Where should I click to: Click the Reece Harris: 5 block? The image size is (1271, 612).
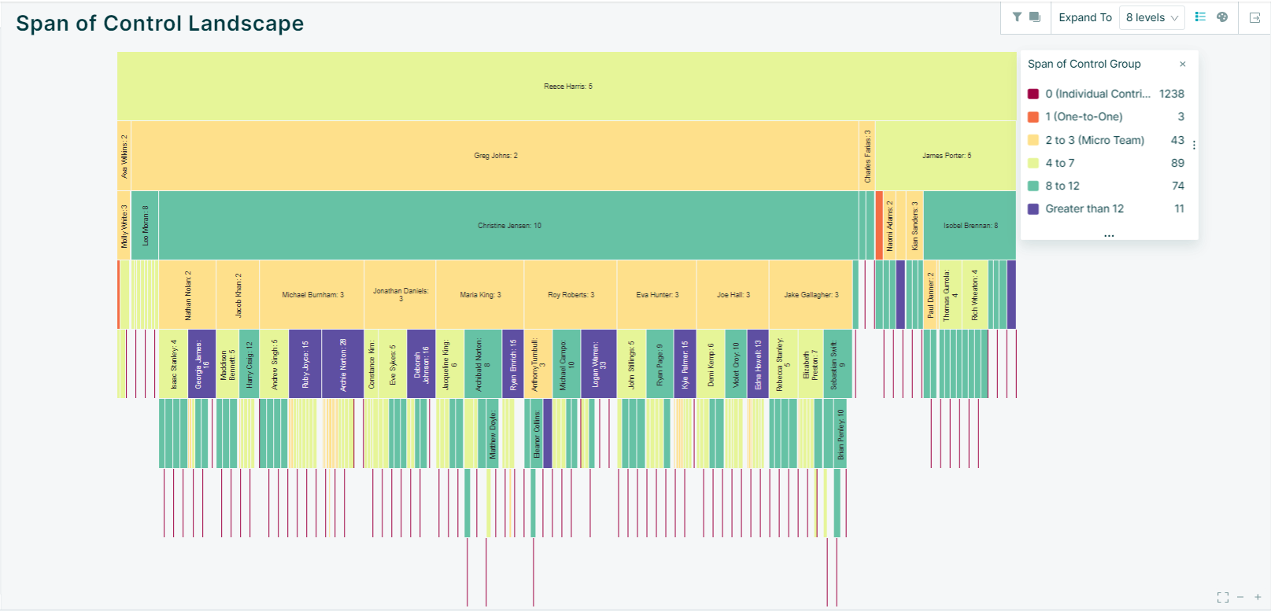pos(567,87)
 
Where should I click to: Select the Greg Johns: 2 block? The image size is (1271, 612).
pos(495,156)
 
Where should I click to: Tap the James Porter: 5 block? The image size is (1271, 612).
pos(946,156)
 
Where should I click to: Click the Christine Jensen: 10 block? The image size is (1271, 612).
pos(508,226)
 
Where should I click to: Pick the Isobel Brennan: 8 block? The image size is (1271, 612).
pos(970,226)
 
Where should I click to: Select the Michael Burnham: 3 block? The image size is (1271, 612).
pos(312,295)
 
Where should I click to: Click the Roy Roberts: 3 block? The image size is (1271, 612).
pos(571,295)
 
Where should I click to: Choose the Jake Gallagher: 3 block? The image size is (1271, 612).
pos(811,295)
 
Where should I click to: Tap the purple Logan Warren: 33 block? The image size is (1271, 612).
pos(598,364)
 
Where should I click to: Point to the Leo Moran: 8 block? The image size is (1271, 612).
pos(145,226)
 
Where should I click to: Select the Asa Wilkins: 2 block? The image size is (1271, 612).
pos(124,156)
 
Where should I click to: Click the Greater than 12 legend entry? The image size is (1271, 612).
pos(1084,208)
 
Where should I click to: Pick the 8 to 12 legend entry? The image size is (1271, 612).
pos(1062,186)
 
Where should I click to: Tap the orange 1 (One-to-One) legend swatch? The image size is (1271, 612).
pos(1033,116)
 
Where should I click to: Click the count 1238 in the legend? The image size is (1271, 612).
pos(1171,94)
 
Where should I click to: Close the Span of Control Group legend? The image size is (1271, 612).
pos(1182,65)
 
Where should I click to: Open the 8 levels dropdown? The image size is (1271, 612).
pos(1151,17)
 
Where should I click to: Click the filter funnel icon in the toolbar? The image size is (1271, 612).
pos(1017,17)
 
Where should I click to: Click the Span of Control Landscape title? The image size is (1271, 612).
pos(160,24)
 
